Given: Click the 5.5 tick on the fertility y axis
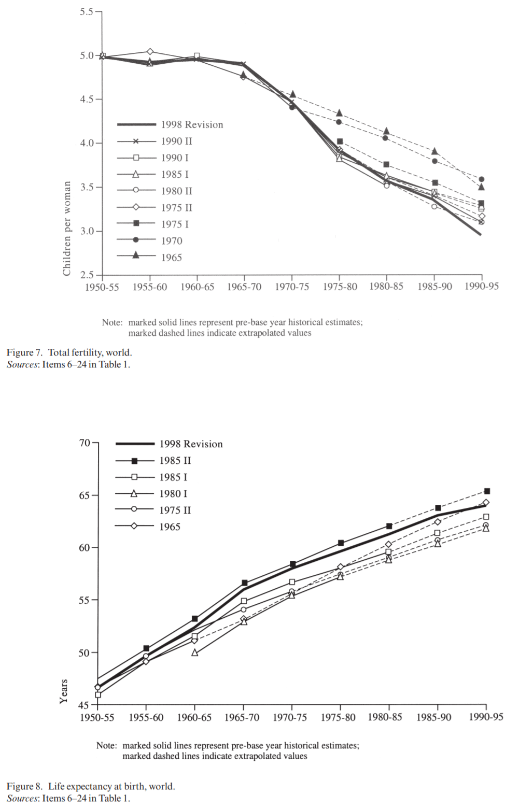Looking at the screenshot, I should point(87,11).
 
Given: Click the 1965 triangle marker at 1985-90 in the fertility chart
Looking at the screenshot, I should point(434,151).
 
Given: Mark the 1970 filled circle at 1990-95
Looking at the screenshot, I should point(482,179).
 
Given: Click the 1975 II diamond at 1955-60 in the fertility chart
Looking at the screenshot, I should point(150,51).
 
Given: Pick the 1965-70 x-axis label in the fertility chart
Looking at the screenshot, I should point(244,287).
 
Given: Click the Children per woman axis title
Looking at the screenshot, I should point(67,228).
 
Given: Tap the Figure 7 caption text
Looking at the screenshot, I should point(69,352).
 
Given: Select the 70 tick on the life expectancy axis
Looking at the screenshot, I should point(85,443).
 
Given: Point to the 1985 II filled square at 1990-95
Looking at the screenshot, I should point(487,491).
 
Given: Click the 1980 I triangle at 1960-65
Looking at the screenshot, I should point(194,653).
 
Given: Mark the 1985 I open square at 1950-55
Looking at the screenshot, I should point(98,694).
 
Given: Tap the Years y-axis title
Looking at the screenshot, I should point(64,691).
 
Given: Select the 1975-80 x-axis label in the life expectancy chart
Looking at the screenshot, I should point(338,717).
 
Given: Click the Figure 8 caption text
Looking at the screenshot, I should point(91,786).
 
